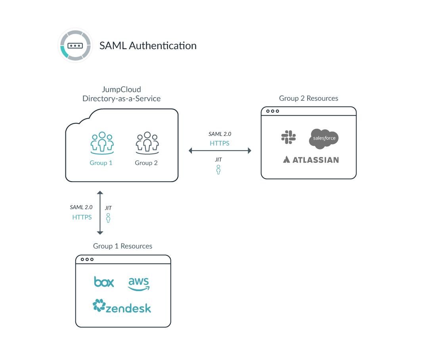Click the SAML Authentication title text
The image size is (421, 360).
click(x=148, y=46)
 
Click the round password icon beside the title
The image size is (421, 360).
click(x=75, y=45)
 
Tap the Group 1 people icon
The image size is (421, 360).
click(x=102, y=143)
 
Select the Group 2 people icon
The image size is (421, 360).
click(x=147, y=143)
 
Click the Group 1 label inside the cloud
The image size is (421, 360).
click(x=101, y=163)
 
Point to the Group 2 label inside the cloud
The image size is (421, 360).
click(x=146, y=163)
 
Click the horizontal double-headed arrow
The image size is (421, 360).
click(x=220, y=151)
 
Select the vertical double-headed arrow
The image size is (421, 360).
click(x=100, y=213)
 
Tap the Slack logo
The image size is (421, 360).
click(x=288, y=137)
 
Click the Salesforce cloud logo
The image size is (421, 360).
click(x=323, y=138)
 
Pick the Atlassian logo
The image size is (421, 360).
click(x=311, y=160)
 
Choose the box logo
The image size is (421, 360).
click(x=104, y=282)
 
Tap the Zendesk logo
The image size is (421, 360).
click(x=122, y=306)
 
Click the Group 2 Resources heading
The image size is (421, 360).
click(x=308, y=98)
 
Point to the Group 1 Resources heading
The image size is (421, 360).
click(x=122, y=246)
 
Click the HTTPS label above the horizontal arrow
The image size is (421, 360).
click(x=220, y=143)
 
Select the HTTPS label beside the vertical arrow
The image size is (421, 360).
click(x=82, y=217)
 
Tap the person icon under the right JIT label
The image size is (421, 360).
click(x=218, y=170)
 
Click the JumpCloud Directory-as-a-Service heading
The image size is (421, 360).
click(x=121, y=94)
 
